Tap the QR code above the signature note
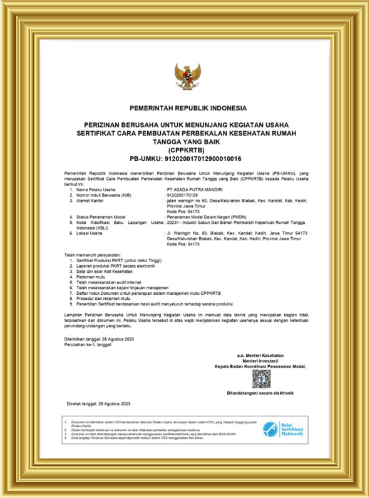[261, 378]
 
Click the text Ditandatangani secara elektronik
[261, 393]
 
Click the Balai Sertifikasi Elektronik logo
[284, 430]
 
